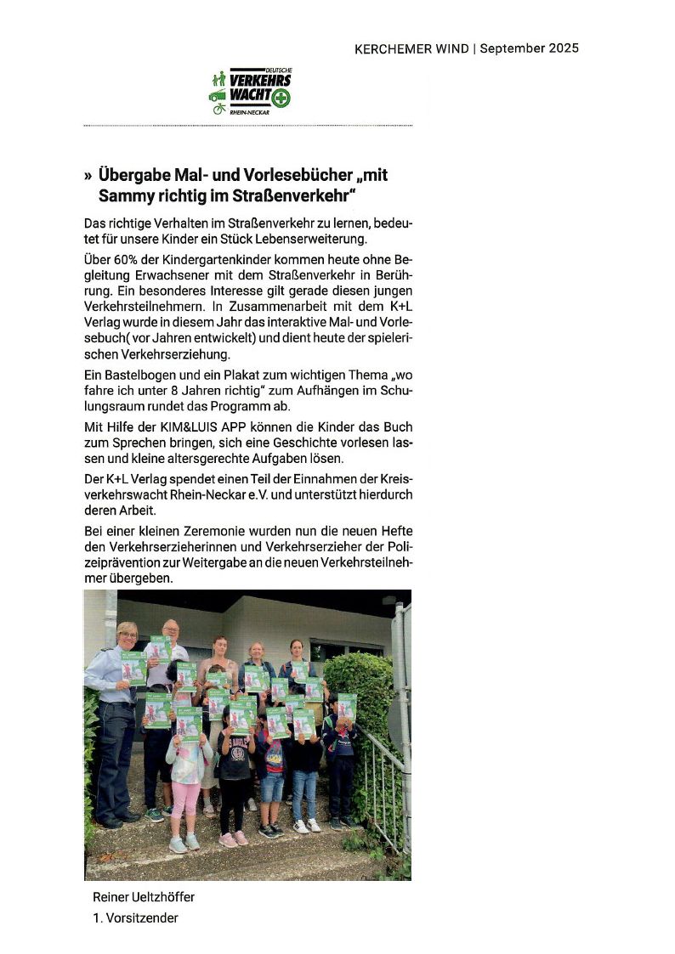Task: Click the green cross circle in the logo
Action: (281, 98)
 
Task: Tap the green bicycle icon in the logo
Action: (218, 109)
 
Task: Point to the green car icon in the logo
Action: (218, 95)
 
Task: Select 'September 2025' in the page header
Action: (529, 48)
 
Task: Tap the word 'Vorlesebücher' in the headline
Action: (282, 176)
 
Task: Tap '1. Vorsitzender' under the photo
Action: (136, 917)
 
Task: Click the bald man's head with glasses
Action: (170, 631)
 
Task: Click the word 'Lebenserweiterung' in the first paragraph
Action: (305, 239)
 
